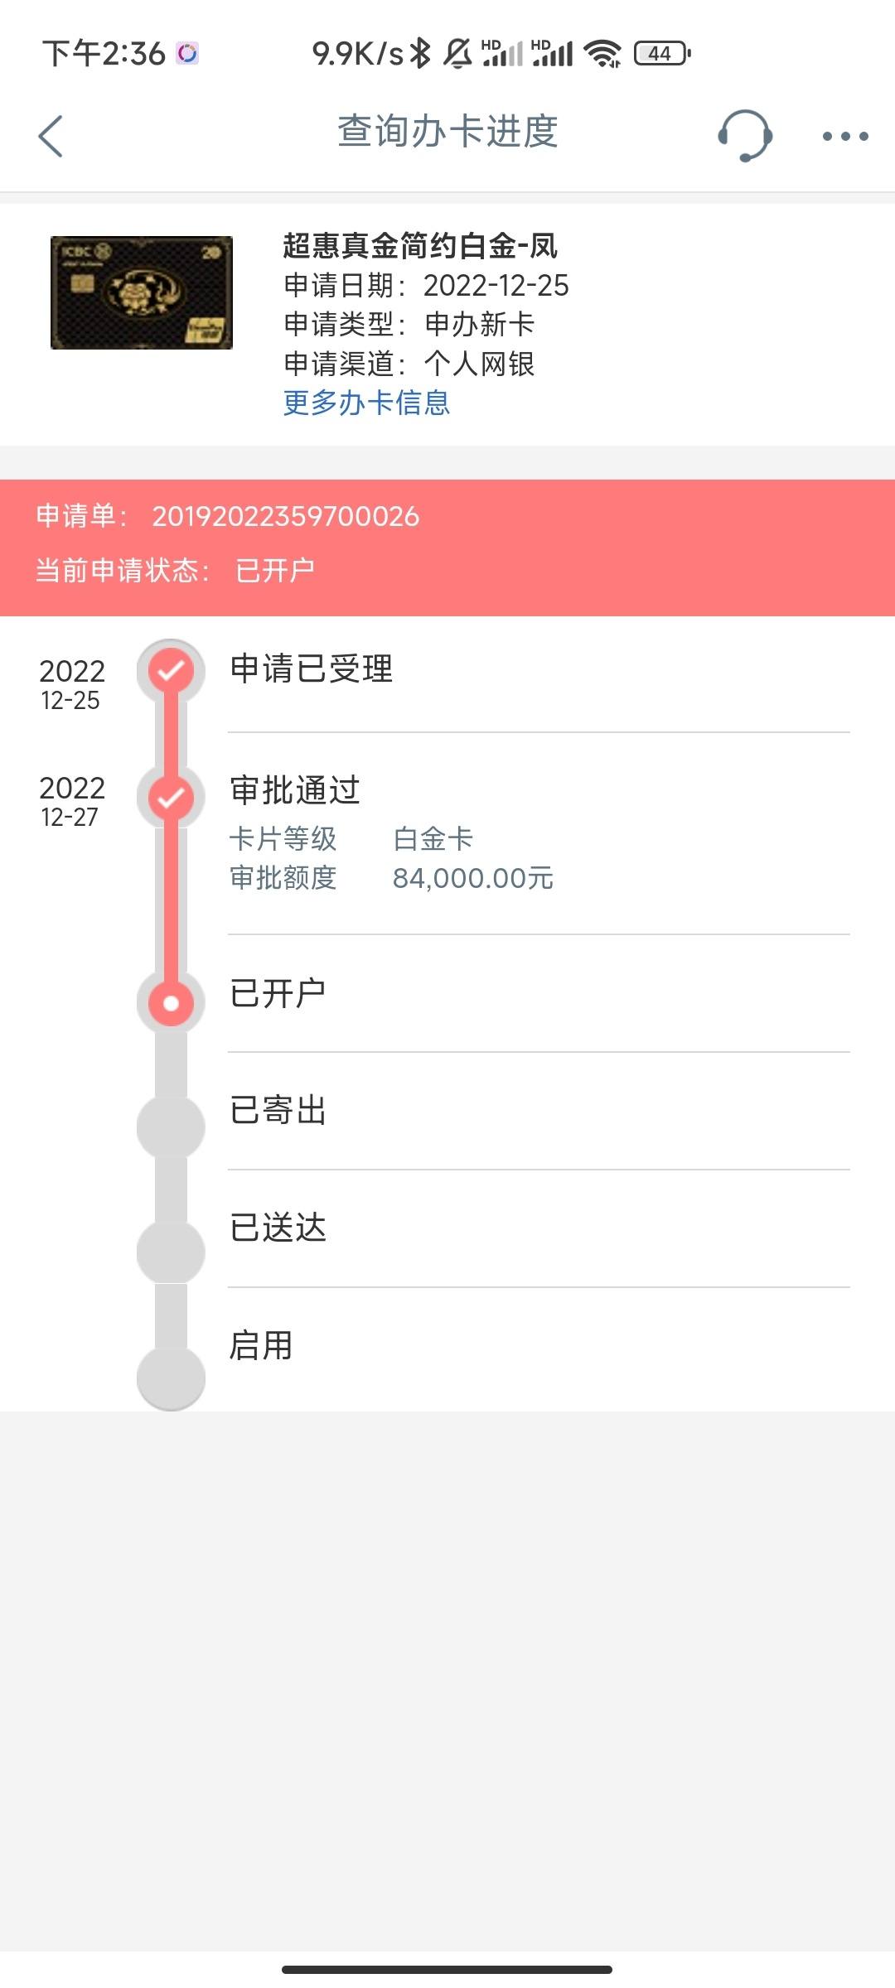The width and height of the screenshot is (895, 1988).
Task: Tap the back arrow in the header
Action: tap(51, 136)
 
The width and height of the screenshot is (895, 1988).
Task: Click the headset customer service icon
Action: tap(744, 136)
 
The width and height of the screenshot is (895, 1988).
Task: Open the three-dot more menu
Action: tap(845, 136)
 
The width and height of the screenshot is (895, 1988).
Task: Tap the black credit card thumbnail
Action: tap(142, 292)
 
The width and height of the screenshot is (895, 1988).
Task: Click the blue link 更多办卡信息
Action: tap(366, 403)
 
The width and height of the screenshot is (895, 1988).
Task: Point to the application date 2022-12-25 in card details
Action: tap(496, 285)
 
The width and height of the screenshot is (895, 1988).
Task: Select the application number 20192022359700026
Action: tap(286, 516)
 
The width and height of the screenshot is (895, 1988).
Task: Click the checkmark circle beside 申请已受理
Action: tap(171, 670)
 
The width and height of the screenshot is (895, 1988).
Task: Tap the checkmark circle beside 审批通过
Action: tap(171, 798)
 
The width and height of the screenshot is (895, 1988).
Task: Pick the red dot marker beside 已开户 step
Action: tap(171, 1003)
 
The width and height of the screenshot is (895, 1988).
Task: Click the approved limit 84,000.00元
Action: tap(473, 878)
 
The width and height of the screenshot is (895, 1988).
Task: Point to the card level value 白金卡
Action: tap(433, 839)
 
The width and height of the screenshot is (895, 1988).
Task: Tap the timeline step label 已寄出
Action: tap(278, 1110)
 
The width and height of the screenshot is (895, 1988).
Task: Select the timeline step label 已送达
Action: tap(278, 1228)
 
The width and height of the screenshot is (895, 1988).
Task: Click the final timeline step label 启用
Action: tap(261, 1345)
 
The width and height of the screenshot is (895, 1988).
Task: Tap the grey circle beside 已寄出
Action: tap(171, 1127)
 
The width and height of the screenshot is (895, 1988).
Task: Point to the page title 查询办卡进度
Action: tap(447, 132)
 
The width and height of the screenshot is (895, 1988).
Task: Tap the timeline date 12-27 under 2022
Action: tap(70, 818)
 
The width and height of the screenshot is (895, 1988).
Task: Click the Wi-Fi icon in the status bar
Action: tap(602, 54)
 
